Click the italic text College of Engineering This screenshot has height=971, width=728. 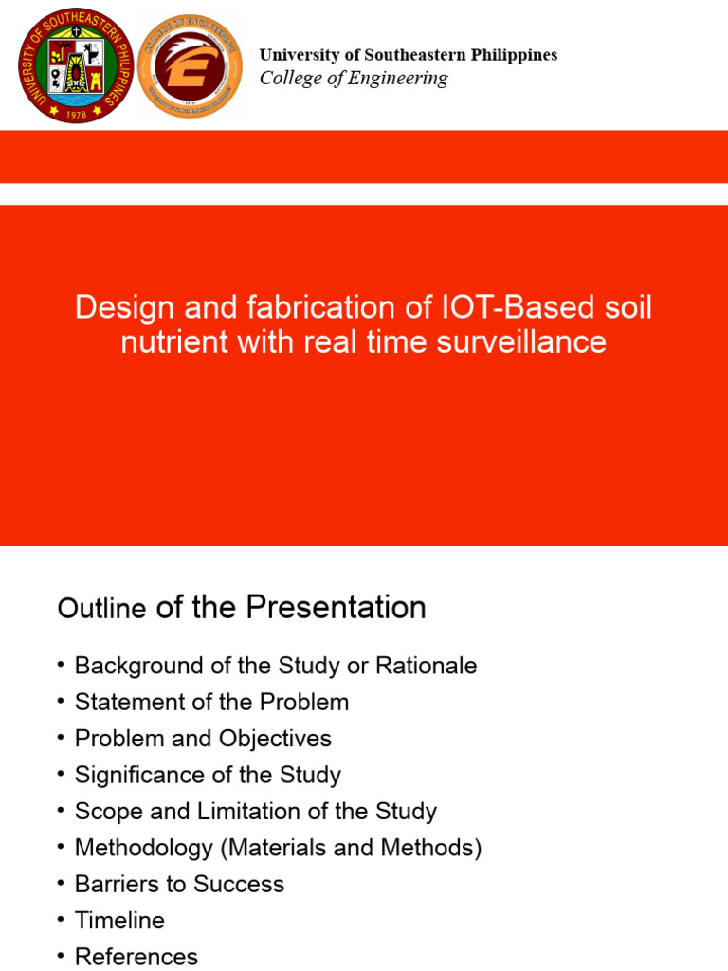354,79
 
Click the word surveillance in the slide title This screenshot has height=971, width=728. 519,342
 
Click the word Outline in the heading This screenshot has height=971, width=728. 101,609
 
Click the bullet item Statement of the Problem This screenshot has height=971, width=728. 211,703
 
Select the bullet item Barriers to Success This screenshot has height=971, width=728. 179,884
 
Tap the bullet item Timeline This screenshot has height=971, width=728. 119,921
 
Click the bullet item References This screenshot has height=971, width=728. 136,956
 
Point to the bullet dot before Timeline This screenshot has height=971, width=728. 61,921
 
